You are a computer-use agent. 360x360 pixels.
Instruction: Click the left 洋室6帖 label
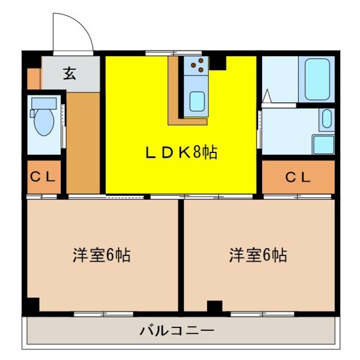pos(101,255)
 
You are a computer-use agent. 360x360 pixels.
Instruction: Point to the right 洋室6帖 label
pos(258,255)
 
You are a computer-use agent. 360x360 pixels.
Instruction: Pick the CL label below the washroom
pos(298,177)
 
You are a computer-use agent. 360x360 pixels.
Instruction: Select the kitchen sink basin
pos(197,101)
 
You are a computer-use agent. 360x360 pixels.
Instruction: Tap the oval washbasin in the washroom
pos(327,120)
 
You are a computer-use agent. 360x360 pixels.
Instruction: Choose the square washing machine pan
pos(323,145)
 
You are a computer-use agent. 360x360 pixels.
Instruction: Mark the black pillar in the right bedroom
pos(214,306)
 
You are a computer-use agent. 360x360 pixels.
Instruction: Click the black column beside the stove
pos(217,63)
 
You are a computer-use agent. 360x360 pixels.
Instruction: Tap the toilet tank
pos(44,103)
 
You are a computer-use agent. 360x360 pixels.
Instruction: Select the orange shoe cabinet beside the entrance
pos(34,78)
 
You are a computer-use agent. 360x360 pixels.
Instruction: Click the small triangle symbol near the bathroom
pos(267,97)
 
